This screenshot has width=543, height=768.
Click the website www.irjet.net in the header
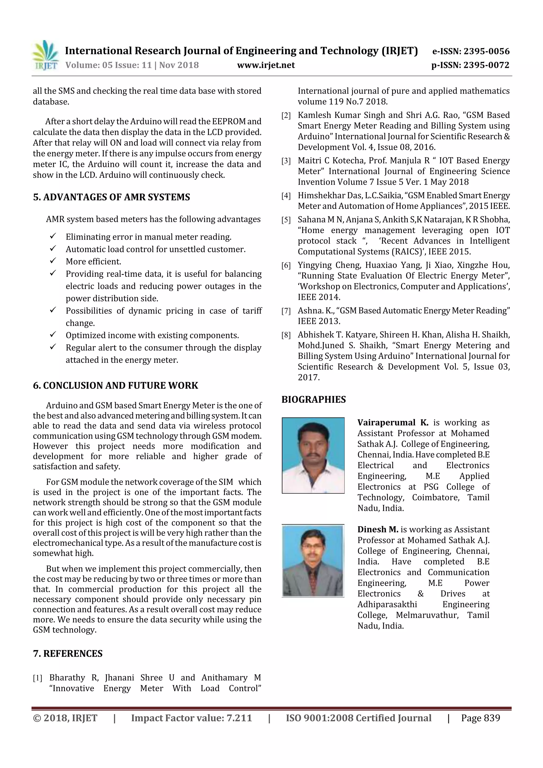pos(266,65)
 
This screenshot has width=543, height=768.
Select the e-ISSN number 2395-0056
pos(487,51)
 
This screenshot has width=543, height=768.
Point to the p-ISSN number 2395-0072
pos(487,65)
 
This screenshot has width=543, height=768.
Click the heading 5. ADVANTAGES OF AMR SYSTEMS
pos(111,197)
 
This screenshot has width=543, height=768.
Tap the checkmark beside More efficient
pos(53,261)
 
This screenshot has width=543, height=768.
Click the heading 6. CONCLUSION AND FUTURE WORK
pos(115,385)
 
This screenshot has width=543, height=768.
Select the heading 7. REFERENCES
pos(68,653)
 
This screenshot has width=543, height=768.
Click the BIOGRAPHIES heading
pos(313,400)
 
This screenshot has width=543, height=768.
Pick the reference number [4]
pos(286,196)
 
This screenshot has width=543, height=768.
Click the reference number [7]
pos(286,311)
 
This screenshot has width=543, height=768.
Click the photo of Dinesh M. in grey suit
pos(313,561)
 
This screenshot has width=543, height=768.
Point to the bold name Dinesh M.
pos(377,529)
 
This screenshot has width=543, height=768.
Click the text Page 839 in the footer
pos(480,718)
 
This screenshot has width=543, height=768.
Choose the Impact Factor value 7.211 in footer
pos(191,718)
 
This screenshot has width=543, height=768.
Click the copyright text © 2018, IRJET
pos(65,718)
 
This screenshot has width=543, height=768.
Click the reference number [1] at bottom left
pos(37,678)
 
